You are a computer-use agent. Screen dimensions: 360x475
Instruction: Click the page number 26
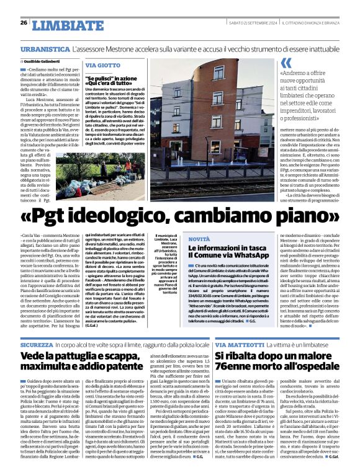pos(24,22)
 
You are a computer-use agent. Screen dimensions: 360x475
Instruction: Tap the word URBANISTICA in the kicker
pos(44,48)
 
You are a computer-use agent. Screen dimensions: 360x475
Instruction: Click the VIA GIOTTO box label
pos(103,65)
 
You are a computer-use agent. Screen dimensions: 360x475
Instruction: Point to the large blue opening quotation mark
pos(286,63)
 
